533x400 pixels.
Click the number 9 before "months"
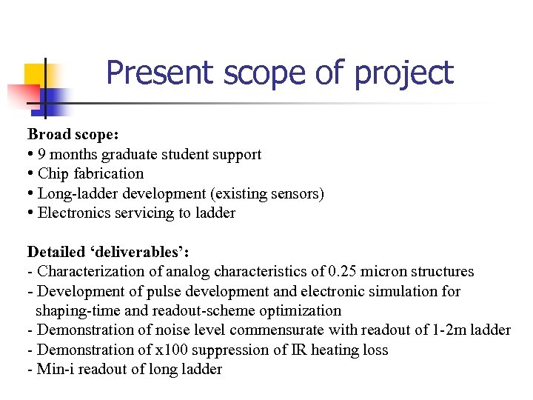coord(41,154)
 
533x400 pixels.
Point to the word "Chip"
coord(53,173)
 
